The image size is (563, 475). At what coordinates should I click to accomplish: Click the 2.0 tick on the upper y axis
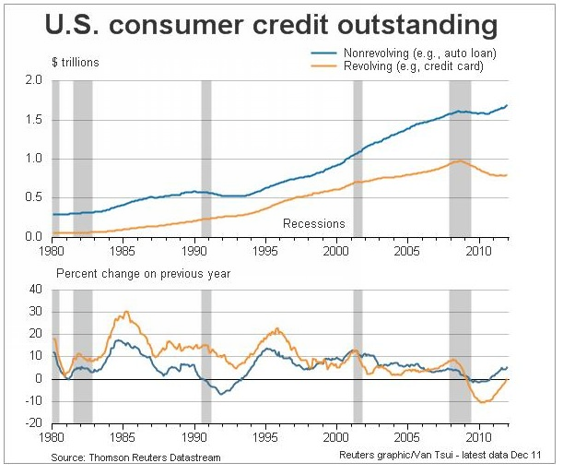(34, 81)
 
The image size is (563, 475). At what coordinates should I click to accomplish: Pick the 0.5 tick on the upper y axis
(34, 197)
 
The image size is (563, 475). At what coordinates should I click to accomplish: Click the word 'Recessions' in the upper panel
(313, 223)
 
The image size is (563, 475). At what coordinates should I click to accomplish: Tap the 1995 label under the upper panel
(265, 249)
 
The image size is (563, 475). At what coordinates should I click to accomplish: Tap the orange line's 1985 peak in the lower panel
(124, 313)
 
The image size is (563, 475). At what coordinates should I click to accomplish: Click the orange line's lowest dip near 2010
(482, 402)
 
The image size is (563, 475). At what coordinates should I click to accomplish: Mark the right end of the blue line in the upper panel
(506, 105)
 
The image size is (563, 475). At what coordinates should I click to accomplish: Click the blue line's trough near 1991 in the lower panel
(219, 394)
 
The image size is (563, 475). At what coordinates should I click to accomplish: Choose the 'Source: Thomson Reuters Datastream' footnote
(136, 457)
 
